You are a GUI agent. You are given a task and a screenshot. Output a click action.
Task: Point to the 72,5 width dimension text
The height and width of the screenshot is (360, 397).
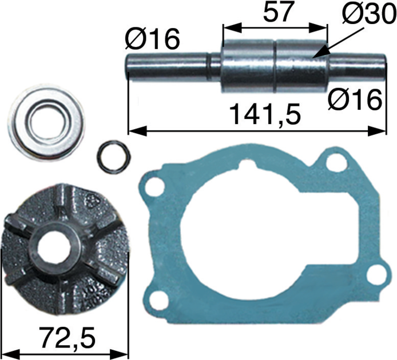(x=68, y=337)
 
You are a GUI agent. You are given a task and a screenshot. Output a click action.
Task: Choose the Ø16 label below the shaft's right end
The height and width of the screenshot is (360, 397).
(x=355, y=99)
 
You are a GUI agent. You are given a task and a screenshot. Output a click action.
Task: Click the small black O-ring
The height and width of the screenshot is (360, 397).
(x=114, y=157)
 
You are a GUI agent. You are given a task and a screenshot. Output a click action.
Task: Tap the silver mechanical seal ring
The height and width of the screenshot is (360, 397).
(x=47, y=122)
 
